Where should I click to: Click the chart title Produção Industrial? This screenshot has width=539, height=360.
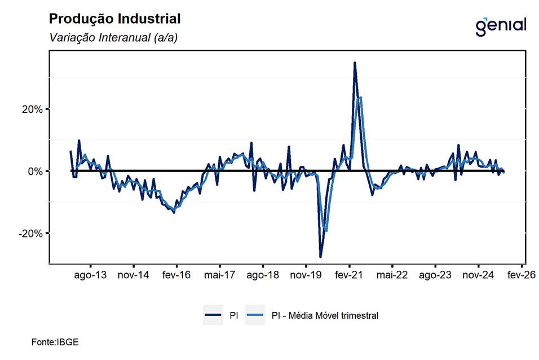pyautogui.click(x=114, y=19)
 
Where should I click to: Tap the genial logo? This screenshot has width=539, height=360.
pyautogui.click(x=501, y=25)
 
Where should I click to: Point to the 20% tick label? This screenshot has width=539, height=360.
pyautogui.click(x=32, y=109)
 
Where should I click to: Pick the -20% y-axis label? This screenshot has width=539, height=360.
pyautogui.click(x=30, y=233)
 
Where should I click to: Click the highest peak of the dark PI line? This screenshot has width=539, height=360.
pyautogui.click(x=355, y=63)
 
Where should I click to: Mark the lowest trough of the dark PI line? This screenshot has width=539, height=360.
pyautogui.click(x=320, y=257)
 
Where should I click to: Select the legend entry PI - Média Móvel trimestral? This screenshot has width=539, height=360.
pyautogui.click(x=325, y=316)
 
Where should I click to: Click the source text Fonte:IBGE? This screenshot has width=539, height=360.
pyautogui.click(x=55, y=342)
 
